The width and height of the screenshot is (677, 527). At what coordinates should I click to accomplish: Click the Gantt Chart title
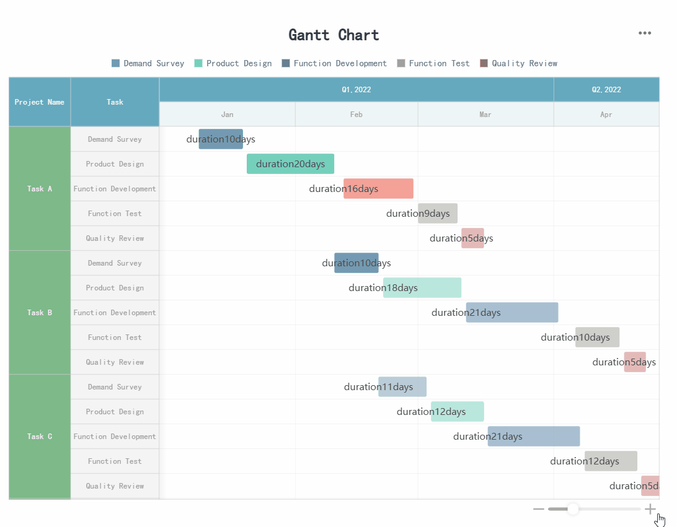tap(334, 35)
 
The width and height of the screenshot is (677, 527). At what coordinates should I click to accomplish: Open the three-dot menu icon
tap(645, 33)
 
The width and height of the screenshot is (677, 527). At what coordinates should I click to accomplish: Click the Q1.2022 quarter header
tap(356, 90)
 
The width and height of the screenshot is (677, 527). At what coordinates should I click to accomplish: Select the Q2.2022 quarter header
tap(606, 90)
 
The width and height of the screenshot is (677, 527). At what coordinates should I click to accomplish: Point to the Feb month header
tap(356, 115)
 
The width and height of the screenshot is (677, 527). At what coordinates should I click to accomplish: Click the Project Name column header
tap(40, 102)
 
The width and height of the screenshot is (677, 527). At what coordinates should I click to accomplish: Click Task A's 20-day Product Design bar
tap(290, 164)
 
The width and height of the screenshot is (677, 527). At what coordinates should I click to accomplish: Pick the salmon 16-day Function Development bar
tap(378, 189)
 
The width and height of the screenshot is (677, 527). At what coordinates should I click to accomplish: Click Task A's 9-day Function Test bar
tap(437, 214)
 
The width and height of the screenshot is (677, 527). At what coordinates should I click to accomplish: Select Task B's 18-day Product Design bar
tap(422, 288)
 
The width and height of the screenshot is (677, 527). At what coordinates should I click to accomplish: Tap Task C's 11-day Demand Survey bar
tap(402, 387)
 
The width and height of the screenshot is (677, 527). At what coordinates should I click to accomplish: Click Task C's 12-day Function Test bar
tap(611, 461)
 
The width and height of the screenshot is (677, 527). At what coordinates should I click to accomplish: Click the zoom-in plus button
tap(650, 509)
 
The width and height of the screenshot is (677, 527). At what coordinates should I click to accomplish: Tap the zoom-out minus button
tap(538, 509)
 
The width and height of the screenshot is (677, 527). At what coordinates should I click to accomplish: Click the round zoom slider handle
tap(573, 509)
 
